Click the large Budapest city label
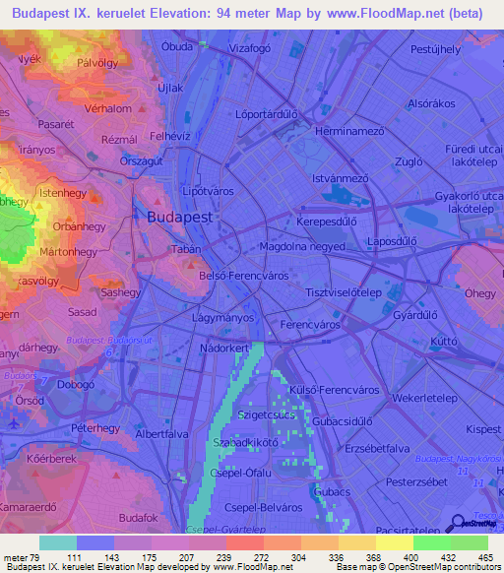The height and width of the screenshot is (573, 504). (x=178, y=217)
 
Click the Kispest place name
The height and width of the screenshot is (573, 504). (x=483, y=429)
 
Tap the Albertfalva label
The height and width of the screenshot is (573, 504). (x=162, y=433)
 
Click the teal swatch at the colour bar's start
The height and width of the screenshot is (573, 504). (x=57, y=542)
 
